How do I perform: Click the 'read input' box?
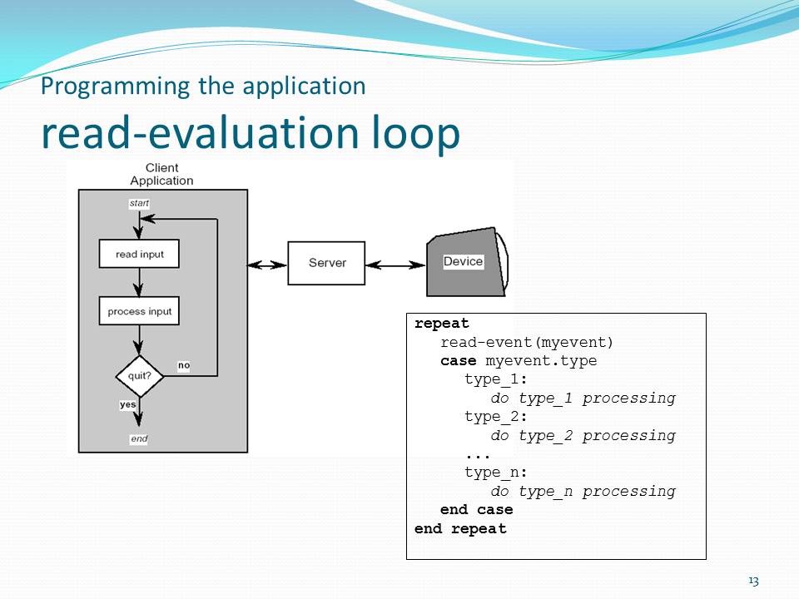click(139, 255)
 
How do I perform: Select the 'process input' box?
click(139, 312)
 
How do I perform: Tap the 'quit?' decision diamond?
click(139, 375)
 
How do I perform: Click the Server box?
click(326, 263)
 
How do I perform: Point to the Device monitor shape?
click(464, 262)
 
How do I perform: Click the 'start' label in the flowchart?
click(139, 202)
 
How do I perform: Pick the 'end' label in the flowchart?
click(139, 438)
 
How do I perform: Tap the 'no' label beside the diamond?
click(183, 365)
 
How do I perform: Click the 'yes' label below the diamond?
click(128, 404)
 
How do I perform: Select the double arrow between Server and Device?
click(395, 265)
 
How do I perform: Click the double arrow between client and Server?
click(267, 265)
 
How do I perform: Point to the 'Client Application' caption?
click(161, 175)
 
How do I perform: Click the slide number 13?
click(753, 581)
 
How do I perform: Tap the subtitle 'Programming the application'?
click(203, 86)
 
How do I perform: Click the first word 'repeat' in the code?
click(442, 324)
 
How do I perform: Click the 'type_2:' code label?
click(496, 417)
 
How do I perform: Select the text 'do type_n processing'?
click(583, 491)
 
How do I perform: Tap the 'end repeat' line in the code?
click(460, 528)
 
